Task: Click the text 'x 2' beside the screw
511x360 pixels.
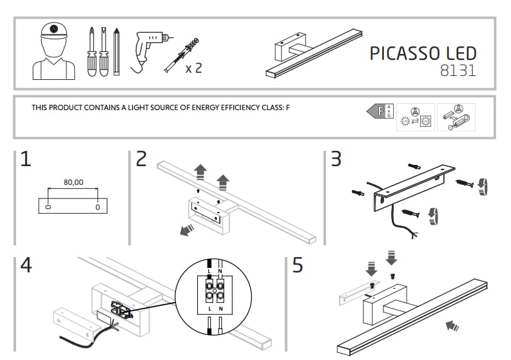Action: [x=193, y=68]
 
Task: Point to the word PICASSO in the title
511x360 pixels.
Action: [x=403, y=53]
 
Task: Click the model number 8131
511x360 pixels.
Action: [x=458, y=71]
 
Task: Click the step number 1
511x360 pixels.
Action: [x=26, y=160]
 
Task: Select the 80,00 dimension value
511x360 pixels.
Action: [x=73, y=182]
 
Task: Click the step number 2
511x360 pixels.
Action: [x=142, y=160]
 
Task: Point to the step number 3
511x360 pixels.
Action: [x=335, y=160]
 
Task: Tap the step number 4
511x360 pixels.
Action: [x=26, y=265]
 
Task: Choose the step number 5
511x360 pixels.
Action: [x=297, y=265]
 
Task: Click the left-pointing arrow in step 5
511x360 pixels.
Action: [x=453, y=327]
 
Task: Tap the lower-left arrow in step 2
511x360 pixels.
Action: [x=188, y=231]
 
